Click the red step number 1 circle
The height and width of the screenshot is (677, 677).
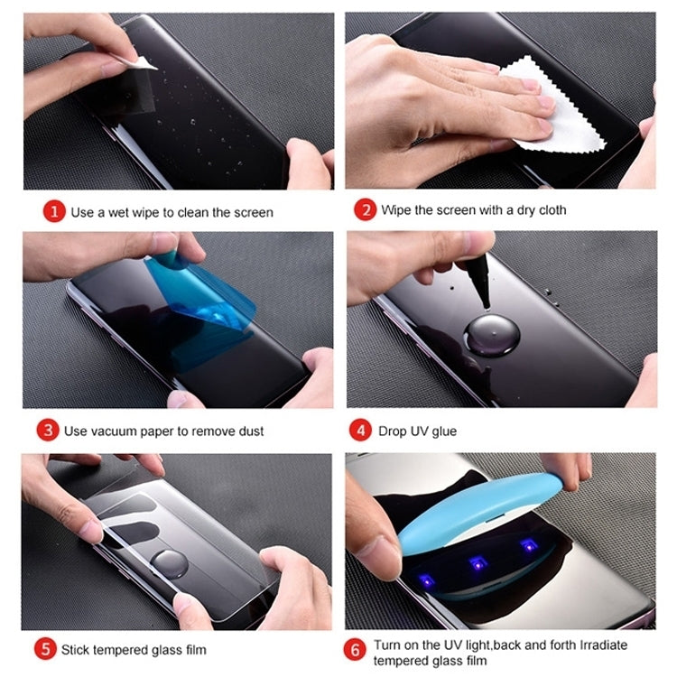point(54,212)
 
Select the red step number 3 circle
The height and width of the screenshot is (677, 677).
point(47,431)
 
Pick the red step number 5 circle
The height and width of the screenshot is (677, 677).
point(44,649)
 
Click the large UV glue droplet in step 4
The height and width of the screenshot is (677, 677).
point(491,335)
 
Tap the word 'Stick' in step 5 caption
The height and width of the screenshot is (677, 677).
point(77,649)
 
